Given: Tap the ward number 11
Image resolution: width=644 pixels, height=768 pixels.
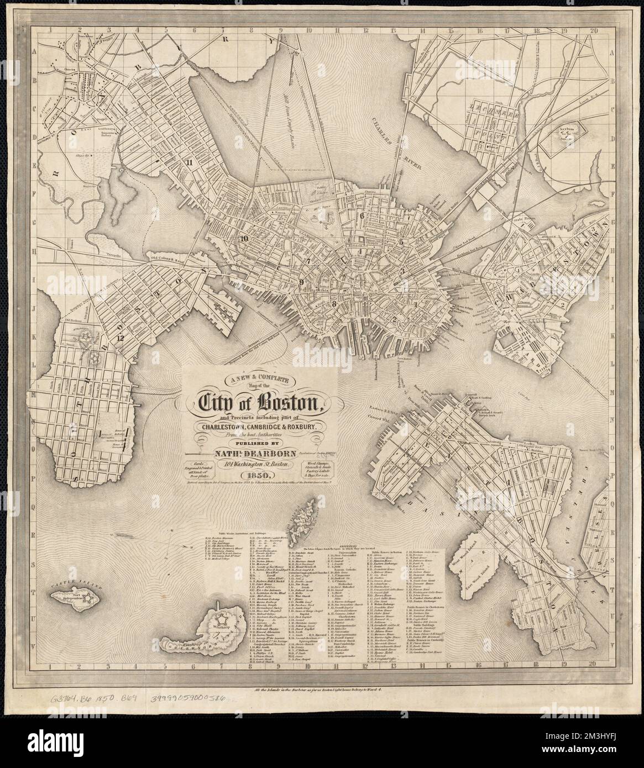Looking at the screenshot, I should click(x=190, y=162).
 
